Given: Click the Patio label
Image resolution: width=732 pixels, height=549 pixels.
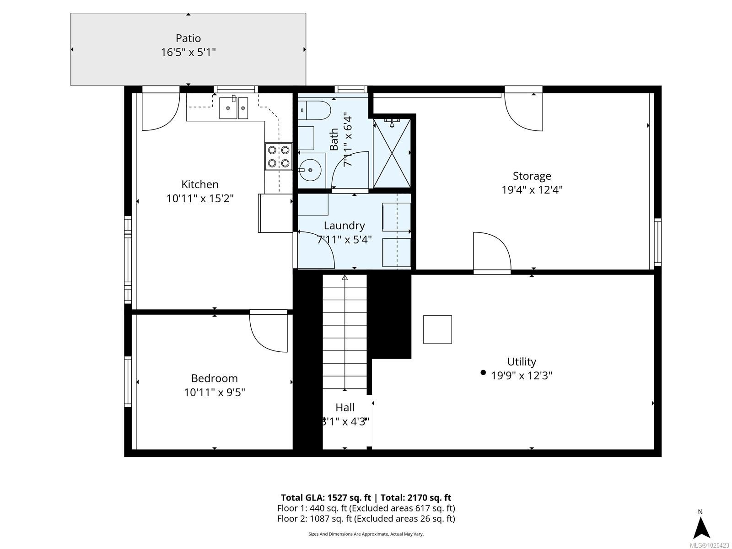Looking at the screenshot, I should pyautogui.click(x=188, y=38).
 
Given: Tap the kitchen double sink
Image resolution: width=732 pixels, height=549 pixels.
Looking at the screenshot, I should pyautogui.click(x=233, y=108).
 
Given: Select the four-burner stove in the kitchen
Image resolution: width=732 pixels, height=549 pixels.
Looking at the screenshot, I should pyautogui.click(x=278, y=156).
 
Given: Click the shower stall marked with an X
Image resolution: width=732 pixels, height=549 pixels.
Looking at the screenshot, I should pyautogui.click(x=392, y=153).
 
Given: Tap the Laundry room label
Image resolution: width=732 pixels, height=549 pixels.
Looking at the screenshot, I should pyautogui.click(x=344, y=226).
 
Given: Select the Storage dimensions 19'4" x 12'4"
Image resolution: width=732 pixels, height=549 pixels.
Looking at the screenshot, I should pyautogui.click(x=532, y=189).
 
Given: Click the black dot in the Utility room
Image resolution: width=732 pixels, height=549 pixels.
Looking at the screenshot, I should pyautogui.click(x=483, y=372).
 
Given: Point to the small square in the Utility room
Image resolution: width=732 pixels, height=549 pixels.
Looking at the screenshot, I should pyautogui.click(x=437, y=329).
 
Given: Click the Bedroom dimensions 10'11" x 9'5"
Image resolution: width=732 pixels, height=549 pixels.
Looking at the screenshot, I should pyautogui.click(x=215, y=392).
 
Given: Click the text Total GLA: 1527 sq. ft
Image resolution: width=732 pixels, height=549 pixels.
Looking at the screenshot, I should pyautogui.click(x=325, y=498).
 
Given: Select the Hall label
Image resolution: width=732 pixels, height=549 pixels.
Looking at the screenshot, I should pyautogui.click(x=344, y=407).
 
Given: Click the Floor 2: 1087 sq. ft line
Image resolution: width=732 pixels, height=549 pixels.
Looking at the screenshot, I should pyautogui.click(x=366, y=518).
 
